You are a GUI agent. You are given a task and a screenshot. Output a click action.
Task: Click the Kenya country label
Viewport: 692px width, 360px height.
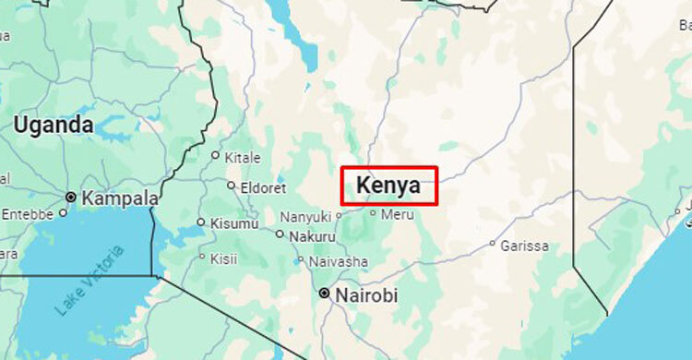coord(388,185)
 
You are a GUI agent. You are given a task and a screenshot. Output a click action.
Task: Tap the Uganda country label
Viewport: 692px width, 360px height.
coord(54,125)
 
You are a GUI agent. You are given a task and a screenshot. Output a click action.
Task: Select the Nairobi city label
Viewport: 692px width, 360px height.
coord(367,295)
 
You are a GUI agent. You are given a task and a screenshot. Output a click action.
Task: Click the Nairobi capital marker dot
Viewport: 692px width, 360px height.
coord(324,294)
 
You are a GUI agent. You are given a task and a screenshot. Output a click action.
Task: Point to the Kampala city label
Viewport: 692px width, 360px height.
coord(120,198)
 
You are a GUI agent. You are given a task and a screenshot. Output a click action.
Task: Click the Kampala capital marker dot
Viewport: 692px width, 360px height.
coord(70,198)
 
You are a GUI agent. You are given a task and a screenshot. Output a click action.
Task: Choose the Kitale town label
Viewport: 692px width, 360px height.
coord(244,158)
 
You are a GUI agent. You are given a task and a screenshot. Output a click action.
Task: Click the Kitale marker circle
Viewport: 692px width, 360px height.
coord(216,155)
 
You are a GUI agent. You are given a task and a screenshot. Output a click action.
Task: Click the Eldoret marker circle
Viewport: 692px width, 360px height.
coord(231,186)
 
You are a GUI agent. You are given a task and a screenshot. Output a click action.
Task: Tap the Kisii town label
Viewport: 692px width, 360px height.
coord(223,258)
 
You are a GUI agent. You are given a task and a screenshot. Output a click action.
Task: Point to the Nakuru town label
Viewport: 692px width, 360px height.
coord(312,236)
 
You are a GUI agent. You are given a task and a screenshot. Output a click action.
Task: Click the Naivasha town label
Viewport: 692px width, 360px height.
coord(339,261)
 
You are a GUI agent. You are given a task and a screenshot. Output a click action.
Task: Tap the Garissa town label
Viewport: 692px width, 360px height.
coord(525,246)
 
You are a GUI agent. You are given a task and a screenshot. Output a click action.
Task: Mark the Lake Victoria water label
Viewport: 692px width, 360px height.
coord(88,282)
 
